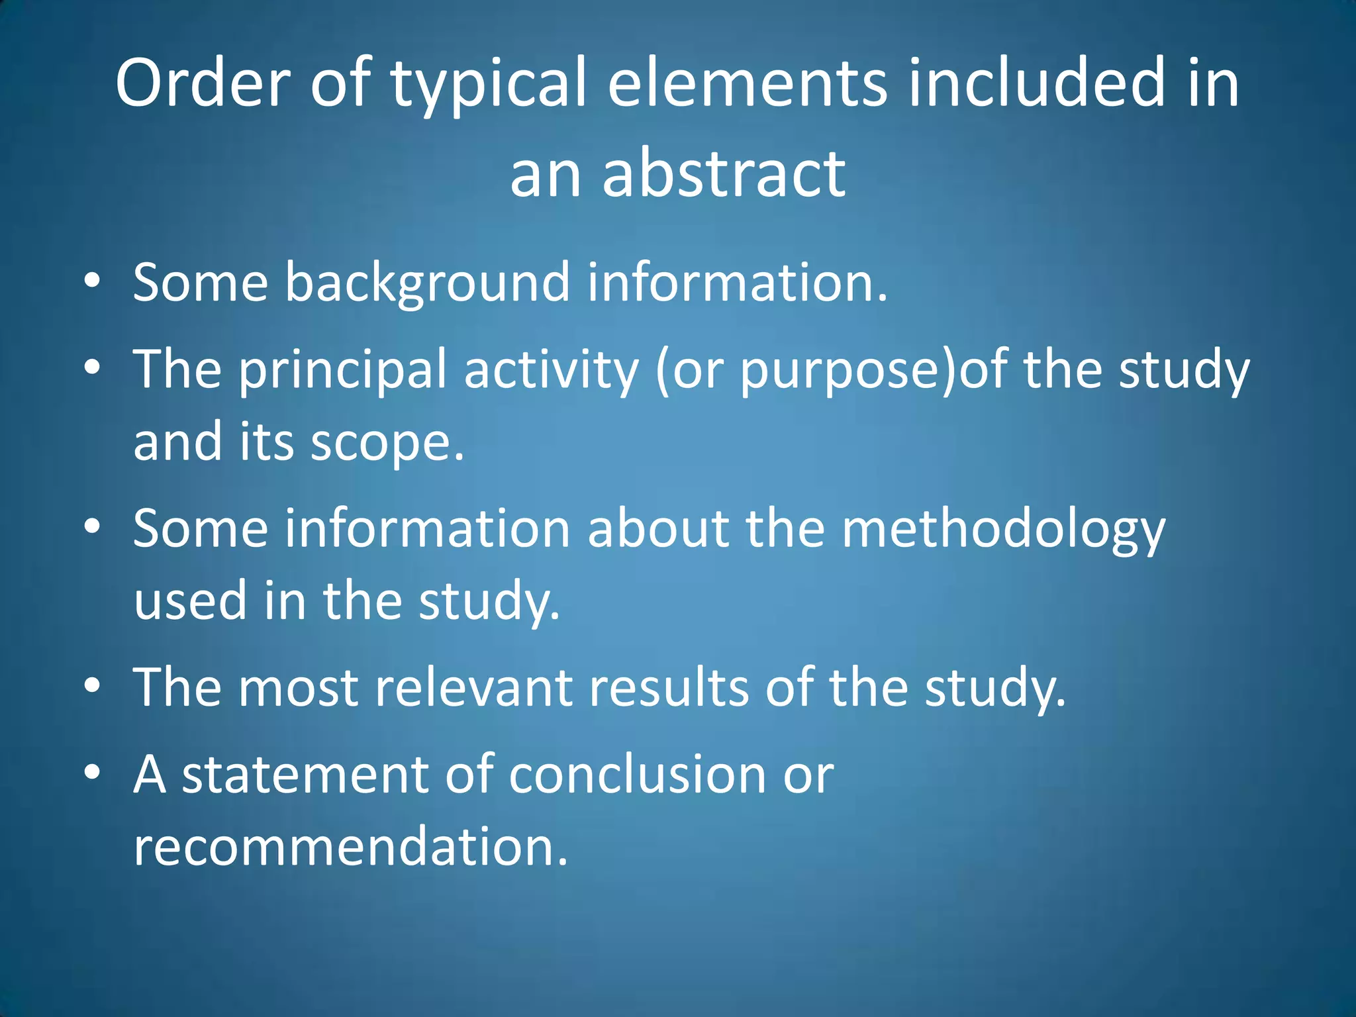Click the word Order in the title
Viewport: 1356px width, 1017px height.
click(x=203, y=83)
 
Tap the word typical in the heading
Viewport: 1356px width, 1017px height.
click(x=488, y=86)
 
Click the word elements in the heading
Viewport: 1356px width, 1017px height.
click(x=746, y=83)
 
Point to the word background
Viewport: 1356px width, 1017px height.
click(x=427, y=283)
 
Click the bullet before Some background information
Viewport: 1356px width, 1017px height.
click(x=93, y=281)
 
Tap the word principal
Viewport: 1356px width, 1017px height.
click(x=343, y=371)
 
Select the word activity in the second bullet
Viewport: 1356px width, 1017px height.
click(x=552, y=371)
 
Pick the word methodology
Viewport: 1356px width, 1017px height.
click(x=1002, y=530)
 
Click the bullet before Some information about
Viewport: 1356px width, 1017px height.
click(x=93, y=526)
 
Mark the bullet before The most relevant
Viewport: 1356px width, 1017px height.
click(x=93, y=685)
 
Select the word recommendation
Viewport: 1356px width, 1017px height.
click(x=350, y=847)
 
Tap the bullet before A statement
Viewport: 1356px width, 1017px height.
click(x=93, y=772)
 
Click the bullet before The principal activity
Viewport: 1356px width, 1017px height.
click(x=93, y=367)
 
